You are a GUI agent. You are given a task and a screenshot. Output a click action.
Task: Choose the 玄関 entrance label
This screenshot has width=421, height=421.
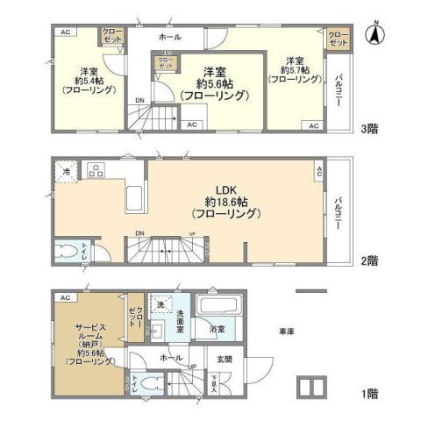click(x=224, y=359)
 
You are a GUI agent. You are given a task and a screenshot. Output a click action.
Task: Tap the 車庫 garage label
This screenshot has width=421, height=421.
click(x=287, y=332)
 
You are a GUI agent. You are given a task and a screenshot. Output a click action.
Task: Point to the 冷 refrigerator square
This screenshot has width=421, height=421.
click(x=66, y=173)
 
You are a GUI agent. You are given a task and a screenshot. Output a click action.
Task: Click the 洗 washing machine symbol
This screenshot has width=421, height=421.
click(x=160, y=305)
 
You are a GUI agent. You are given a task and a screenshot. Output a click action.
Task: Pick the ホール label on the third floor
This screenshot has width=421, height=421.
click(x=170, y=38)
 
